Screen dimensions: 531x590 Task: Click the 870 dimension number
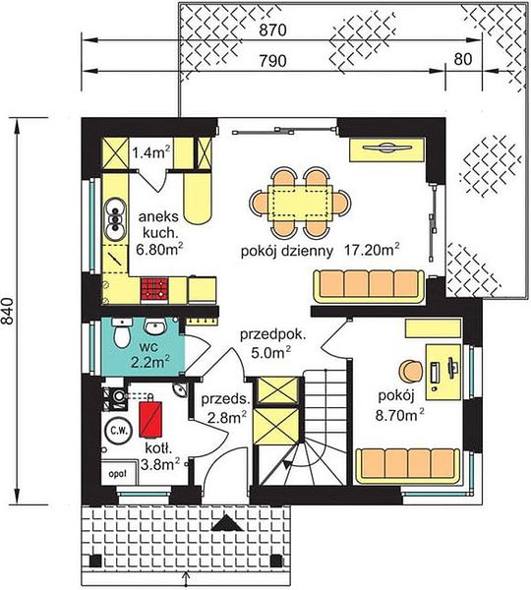[x=272, y=30]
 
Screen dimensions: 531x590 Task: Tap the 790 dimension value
[x=272, y=60]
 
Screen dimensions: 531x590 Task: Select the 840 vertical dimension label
[x=7, y=311]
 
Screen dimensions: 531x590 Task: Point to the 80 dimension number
[x=463, y=59]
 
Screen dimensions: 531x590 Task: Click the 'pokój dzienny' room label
[x=287, y=252]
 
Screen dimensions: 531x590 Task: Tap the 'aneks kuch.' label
[x=157, y=224]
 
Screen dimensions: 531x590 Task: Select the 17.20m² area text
[x=372, y=250]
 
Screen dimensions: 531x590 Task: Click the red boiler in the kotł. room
[x=150, y=419]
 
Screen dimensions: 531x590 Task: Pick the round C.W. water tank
[x=118, y=430]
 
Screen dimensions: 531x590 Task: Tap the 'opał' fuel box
[x=117, y=473]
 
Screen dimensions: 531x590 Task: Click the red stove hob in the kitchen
[x=154, y=288]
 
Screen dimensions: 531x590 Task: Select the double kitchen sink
[x=115, y=219]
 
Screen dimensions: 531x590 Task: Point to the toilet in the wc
[x=122, y=332]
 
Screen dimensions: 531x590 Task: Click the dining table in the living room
[x=300, y=203]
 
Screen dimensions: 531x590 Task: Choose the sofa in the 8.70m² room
[x=409, y=466]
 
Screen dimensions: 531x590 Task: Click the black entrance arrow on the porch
[x=226, y=523]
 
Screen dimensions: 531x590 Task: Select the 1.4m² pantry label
[x=150, y=152]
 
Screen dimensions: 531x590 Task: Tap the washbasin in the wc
[x=155, y=326]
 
